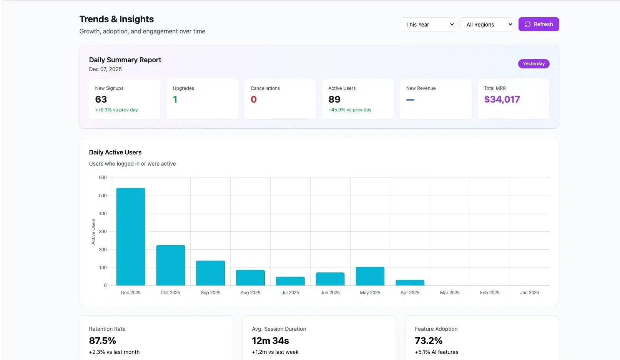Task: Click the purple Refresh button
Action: pyautogui.click(x=539, y=24)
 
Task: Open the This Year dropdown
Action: pyautogui.click(x=427, y=25)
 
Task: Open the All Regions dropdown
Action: pyautogui.click(x=487, y=25)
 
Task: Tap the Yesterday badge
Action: pyautogui.click(x=534, y=64)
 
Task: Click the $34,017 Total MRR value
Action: pyautogui.click(x=502, y=100)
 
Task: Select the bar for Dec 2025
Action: pyautogui.click(x=131, y=237)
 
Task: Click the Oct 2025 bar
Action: pyautogui.click(x=171, y=265)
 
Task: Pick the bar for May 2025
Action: pyautogui.click(x=370, y=276)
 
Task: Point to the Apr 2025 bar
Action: pyautogui.click(x=410, y=283)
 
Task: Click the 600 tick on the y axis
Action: pyautogui.click(x=103, y=178)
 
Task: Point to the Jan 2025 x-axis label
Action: pyautogui.click(x=529, y=293)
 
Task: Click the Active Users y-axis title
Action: pyautogui.click(x=93, y=232)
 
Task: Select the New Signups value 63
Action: pyautogui.click(x=101, y=100)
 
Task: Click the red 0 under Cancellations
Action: pyautogui.click(x=254, y=100)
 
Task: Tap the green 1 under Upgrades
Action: pyautogui.click(x=175, y=100)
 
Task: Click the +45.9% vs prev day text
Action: pyautogui.click(x=350, y=110)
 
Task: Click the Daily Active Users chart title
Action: pyautogui.click(x=115, y=152)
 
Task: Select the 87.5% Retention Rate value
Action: pyautogui.click(x=103, y=341)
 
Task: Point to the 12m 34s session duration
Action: pyautogui.click(x=270, y=341)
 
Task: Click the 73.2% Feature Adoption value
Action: pyautogui.click(x=429, y=341)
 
